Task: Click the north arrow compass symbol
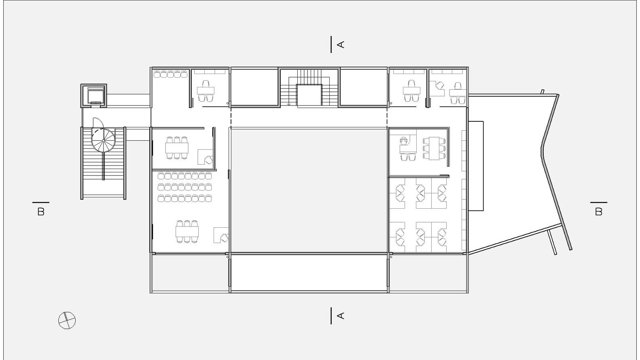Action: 67,320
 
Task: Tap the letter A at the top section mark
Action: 341,44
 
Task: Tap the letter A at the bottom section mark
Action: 341,316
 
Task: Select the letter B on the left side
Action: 41,212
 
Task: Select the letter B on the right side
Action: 599,212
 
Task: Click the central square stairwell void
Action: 309,95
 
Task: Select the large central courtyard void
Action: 309,191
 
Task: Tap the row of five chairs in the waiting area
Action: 171,74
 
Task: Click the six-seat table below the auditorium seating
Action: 187,231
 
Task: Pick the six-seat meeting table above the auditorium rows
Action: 177,148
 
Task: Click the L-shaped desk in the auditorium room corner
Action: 221,235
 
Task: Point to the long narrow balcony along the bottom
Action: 309,273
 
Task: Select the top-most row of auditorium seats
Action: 185,176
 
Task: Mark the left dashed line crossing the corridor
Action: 230,117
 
